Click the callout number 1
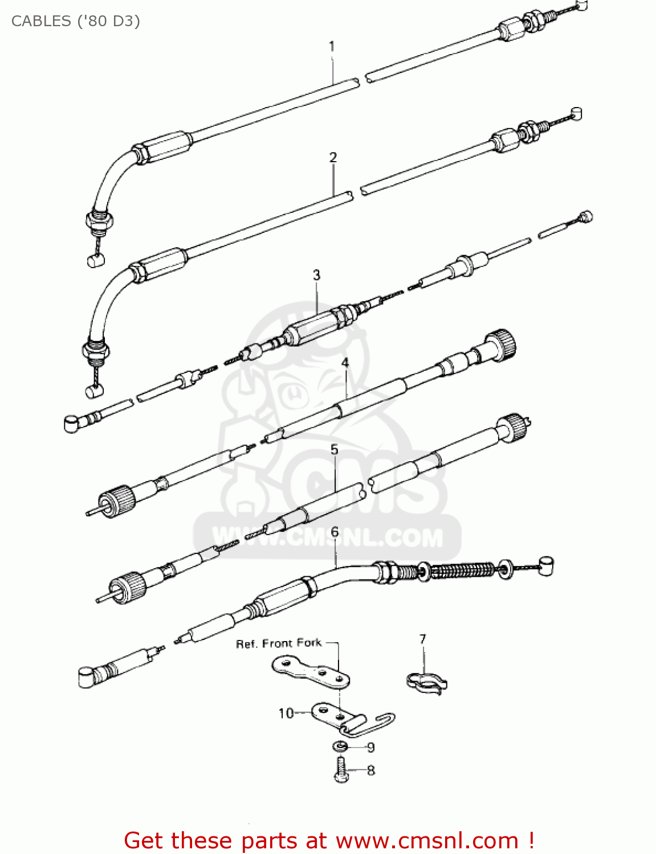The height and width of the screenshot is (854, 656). click(332, 46)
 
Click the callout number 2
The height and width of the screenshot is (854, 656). click(333, 157)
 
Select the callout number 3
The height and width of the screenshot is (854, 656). click(317, 275)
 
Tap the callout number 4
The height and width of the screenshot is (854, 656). click(345, 363)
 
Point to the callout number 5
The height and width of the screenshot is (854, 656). click(335, 450)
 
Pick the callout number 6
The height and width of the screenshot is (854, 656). click(335, 532)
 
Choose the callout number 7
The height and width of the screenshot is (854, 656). click(422, 639)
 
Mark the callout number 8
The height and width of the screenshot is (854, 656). click(371, 770)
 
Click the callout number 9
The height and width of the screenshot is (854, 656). click(370, 748)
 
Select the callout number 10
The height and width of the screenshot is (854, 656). click(286, 713)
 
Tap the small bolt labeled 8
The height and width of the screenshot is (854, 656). click(341, 770)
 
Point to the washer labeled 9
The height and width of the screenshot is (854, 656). click(340, 746)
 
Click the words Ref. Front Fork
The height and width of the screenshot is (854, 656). click(279, 643)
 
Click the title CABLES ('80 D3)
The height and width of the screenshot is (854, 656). click(76, 21)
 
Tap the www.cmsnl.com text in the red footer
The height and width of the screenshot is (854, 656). click(427, 840)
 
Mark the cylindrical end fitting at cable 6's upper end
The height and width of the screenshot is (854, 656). click(546, 566)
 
